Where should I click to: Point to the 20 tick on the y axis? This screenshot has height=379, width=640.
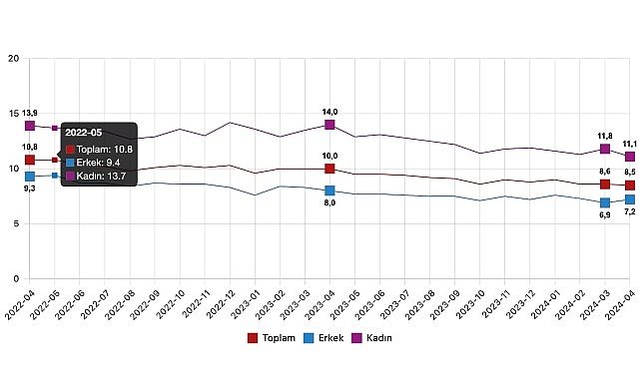pyautogui.click(x=14, y=59)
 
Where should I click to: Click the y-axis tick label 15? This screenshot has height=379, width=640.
pyautogui.click(x=14, y=114)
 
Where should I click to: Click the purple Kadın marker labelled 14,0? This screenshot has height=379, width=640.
pyautogui.click(x=329, y=125)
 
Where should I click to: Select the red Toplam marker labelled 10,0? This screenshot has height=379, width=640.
pyautogui.click(x=329, y=169)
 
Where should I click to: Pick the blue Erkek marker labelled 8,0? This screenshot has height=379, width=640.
pyautogui.click(x=329, y=190)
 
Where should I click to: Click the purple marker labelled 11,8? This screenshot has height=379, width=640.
pyautogui.click(x=605, y=149)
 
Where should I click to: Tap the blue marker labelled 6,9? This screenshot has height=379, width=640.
pyautogui.click(x=605, y=202)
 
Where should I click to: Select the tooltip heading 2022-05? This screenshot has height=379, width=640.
pyautogui.click(x=84, y=131)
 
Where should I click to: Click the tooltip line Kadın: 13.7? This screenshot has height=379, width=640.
pyautogui.click(x=105, y=176)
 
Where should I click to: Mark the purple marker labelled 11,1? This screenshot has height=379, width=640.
pyautogui.click(x=630, y=157)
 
